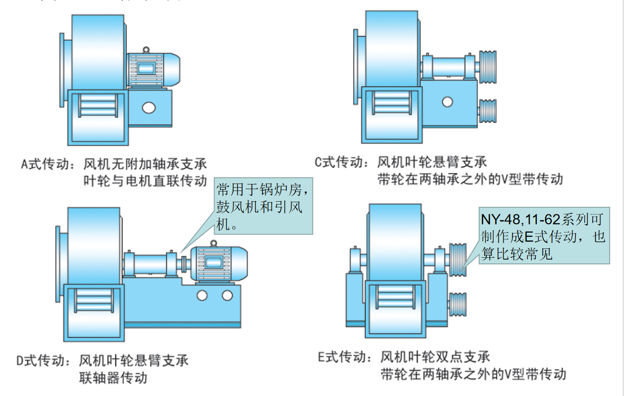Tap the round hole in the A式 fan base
tap(149, 107)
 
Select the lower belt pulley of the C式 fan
tap(487, 111)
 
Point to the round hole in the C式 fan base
tap(448, 101)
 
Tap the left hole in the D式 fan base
tap(202, 296)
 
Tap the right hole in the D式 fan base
tap(227, 296)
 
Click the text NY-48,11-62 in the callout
tap(520, 219)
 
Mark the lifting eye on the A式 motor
tap(146, 49)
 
